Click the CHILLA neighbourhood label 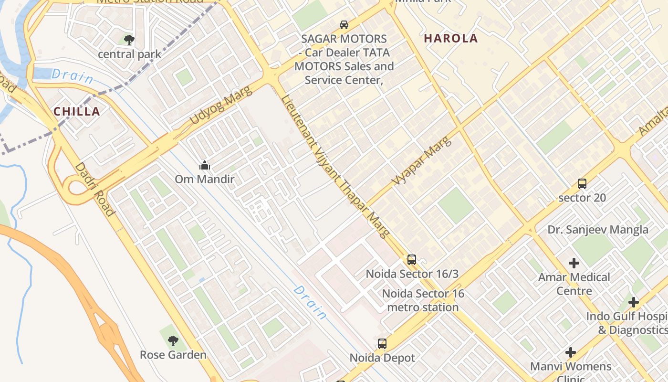[77, 112]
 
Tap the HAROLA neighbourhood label [451, 39]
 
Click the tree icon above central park [129, 40]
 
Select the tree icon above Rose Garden [173, 340]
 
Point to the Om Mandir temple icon [205, 166]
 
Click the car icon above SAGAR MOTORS [344, 24]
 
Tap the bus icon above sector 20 [582, 183]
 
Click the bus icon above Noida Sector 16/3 [411, 260]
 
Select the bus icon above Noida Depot [382, 343]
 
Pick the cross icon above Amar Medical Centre [574, 263]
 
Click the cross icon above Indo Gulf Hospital [633, 302]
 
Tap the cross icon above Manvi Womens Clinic [570, 353]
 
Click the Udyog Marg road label [220, 106]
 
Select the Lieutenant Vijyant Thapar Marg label [335, 167]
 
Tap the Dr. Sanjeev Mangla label [597, 230]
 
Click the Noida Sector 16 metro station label [423, 300]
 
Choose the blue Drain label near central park [72, 76]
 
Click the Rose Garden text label [173, 355]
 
